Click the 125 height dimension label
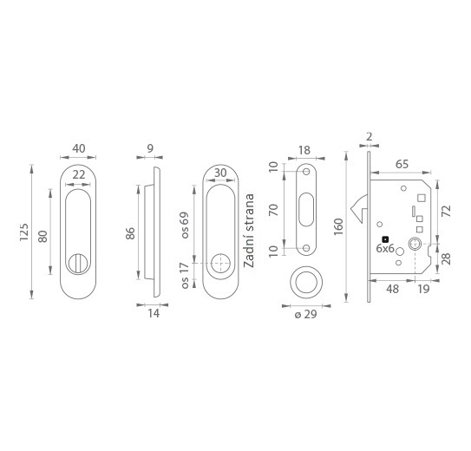click(23, 232)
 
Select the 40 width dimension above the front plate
click(79, 148)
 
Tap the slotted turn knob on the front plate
click(78, 264)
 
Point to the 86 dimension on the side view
click(130, 233)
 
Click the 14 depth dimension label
click(154, 313)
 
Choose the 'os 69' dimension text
click(185, 225)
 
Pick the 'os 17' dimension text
click(185, 276)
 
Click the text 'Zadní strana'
click(249, 231)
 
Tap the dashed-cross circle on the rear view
click(221, 264)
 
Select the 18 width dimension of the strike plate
click(304, 150)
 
